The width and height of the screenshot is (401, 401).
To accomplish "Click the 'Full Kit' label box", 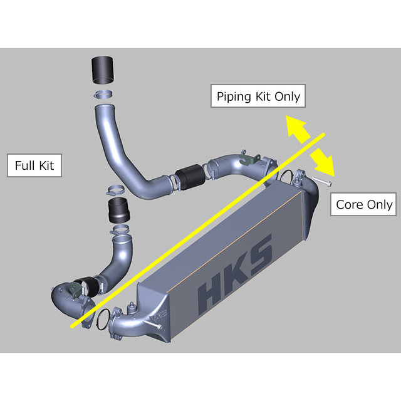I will (34, 165).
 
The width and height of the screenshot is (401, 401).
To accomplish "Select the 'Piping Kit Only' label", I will (258, 97).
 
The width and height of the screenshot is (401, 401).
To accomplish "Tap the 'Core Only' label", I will (364, 204).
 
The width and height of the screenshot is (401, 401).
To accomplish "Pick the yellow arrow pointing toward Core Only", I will (323, 161).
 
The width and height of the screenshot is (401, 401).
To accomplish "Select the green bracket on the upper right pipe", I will (251, 160).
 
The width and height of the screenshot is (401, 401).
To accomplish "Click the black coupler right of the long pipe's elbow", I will (189, 177).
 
